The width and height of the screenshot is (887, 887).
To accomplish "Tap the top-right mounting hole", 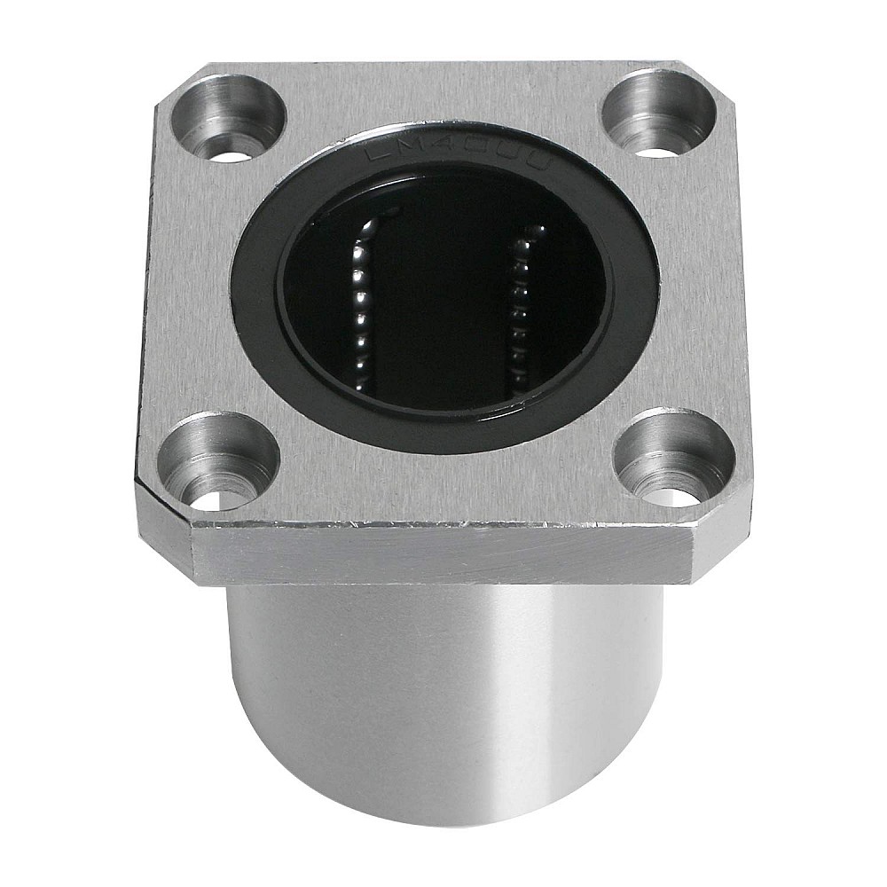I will tap(658, 113).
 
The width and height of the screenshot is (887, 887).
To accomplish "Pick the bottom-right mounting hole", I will tap(675, 457).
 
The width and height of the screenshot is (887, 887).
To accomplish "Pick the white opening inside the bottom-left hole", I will tap(216, 498).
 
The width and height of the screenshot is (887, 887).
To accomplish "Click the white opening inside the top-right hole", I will tap(658, 152).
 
